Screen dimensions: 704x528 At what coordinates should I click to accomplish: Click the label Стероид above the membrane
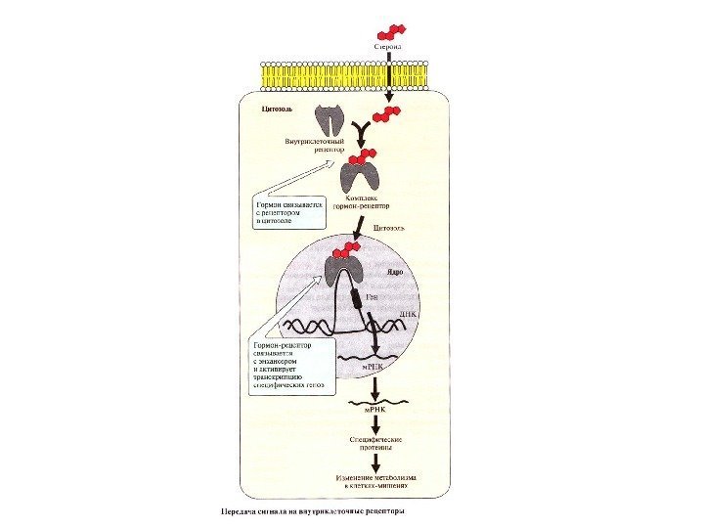point(388,44)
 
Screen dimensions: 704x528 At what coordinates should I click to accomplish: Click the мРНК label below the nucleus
point(376,411)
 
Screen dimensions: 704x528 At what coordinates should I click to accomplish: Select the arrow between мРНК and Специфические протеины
point(376,425)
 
